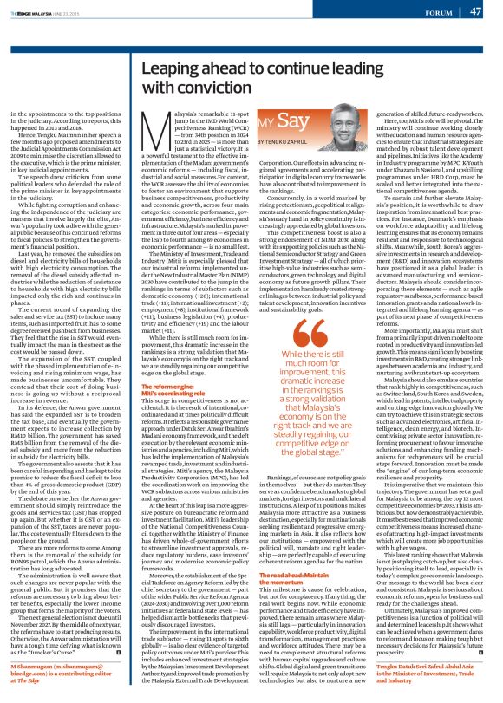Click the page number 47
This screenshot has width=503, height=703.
tap(475, 11)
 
